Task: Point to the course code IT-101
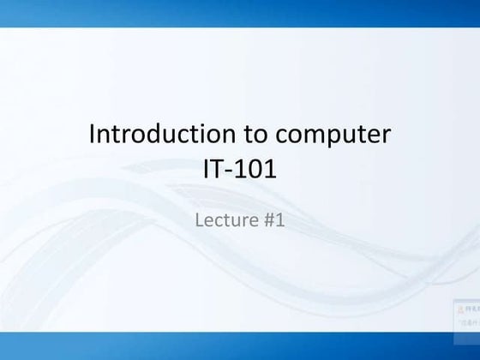(239, 169)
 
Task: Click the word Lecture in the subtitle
(225, 220)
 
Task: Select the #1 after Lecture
(273, 220)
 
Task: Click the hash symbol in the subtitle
(267, 220)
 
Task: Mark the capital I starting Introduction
(93, 135)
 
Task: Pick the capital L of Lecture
(201, 220)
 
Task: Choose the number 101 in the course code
(257, 169)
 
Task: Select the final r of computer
(387, 137)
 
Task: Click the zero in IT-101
(258, 169)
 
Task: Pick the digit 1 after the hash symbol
(279, 220)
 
